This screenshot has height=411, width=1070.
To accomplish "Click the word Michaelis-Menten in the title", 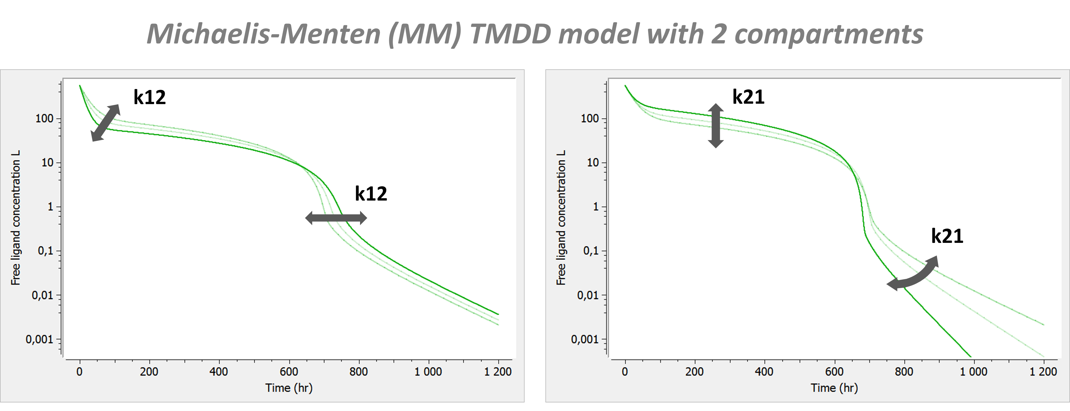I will pos(263,34).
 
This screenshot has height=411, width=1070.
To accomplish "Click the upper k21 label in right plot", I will pos(748,97).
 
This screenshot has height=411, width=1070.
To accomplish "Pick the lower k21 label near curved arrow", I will pos(947,236).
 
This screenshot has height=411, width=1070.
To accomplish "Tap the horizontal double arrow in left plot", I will pos(336,218).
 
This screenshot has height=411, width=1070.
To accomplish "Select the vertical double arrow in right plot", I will pos(716,126).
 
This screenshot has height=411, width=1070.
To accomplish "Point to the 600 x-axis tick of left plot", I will pos(289,372).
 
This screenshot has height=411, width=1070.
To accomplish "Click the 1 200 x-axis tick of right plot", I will pos(1043,372).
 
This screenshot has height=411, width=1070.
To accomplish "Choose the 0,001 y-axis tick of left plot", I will pos(40,340).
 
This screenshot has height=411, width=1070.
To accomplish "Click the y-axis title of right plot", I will pos(561,218).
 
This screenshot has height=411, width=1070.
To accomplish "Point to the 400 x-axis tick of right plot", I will pos(764,372).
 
